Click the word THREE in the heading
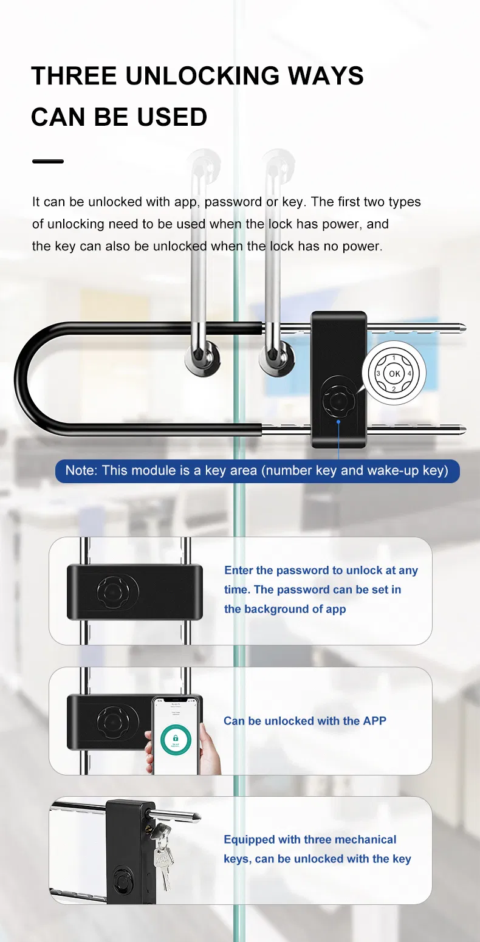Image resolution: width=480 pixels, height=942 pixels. point(74,76)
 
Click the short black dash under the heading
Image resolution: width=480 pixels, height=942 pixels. point(47,162)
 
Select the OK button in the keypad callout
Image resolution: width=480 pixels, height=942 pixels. point(394,374)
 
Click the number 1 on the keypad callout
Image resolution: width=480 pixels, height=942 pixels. point(394,358)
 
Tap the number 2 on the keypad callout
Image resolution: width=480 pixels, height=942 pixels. point(394,389)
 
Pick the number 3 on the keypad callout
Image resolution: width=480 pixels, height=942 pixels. point(378,374)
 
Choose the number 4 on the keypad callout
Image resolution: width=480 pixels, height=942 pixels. point(410,374)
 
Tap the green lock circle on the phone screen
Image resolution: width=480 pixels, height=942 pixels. point(176,740)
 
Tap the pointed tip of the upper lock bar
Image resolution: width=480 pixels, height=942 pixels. point(464,329)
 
